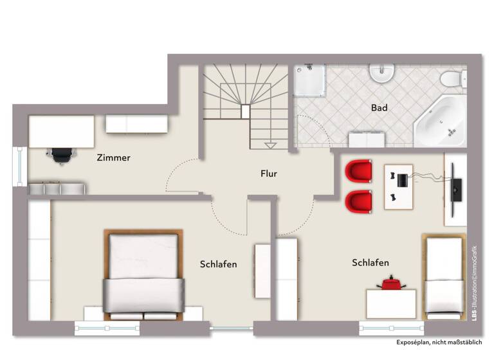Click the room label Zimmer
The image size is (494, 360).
[114, 157]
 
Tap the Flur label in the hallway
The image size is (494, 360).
[268, 173]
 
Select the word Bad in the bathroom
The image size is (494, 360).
[380, 108]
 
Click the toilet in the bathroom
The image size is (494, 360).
[453, 78]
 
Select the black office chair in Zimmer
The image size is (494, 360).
[60, 155]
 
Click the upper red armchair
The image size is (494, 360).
[358, 172]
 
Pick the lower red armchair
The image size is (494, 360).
[358, 201]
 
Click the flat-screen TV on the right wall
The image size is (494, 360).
[456, 188]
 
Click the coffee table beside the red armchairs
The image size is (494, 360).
[399, 186]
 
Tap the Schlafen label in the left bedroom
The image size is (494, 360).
[219, 264]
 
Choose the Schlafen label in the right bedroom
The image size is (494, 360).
[370, 262]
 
